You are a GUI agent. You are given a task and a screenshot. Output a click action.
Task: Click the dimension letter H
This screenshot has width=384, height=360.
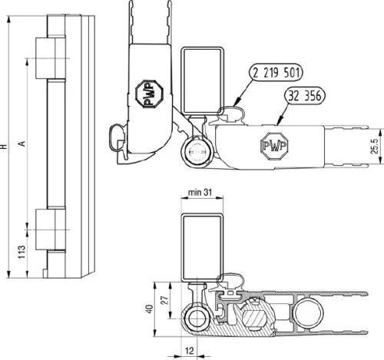pyautogui.click(x=7, y=144)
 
